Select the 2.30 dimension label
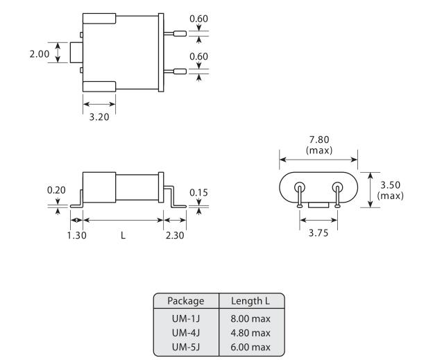(176, 234)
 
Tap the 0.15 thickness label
(198, 192)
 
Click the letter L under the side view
(123, 234)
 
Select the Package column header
(186, 302)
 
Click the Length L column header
(252, 302)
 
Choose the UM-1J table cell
(186, 318)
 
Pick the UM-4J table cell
(186, 332)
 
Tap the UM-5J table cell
(186, 346)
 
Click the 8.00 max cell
(252, 318)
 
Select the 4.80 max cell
(252, 332)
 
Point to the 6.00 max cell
(252, 346)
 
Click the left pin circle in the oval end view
(300, 187)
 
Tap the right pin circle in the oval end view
(338, 187)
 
